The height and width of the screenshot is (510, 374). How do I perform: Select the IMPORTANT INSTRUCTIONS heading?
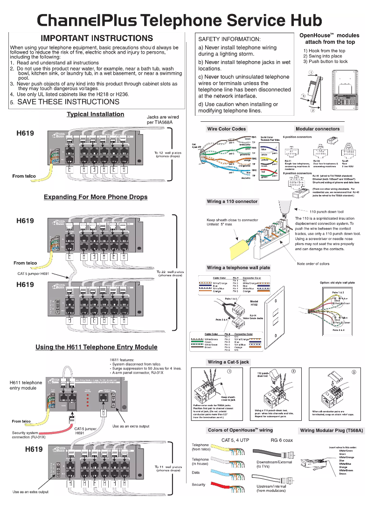(x=97, y=38)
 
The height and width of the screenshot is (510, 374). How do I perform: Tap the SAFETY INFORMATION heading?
(x=229, y=39)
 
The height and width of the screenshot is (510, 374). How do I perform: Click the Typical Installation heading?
(x=95, y=114)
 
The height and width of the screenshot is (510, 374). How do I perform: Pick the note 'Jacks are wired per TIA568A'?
(x=160, y=119)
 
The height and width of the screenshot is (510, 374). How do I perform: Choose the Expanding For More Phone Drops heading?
(x=96, y=197)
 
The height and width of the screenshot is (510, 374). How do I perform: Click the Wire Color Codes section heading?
(x=226, y=129)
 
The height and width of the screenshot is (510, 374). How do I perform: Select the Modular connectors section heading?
(x=318, y=129)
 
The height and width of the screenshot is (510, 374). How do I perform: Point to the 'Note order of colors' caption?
(x=313, y=264)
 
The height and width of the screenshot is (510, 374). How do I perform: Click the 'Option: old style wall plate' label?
(x=337, y=283)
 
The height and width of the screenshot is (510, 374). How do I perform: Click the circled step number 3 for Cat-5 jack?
(x=353, y=371)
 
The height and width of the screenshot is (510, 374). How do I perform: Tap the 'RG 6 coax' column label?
(x=282, y=440)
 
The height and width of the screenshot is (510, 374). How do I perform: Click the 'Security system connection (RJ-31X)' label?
(x=29, y=435)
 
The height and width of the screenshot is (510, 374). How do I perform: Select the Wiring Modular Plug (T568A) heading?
(x=332, y=430)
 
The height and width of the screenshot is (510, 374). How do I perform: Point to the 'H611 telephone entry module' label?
(x=26, y=385)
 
